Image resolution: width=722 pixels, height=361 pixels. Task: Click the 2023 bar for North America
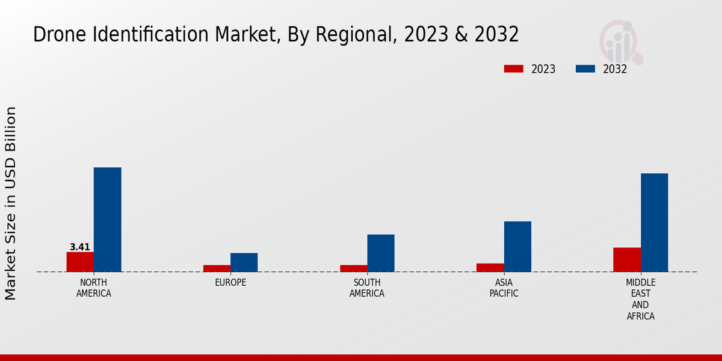click(x=80, y=262)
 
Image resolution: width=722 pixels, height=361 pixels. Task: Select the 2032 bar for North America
click(x=107, y=220)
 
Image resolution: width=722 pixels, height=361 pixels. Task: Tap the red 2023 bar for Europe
click(x=217, y=268)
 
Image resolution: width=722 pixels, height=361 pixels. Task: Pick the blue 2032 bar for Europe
click(x=244, y=262)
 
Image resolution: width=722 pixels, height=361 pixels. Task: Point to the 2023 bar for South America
click(x=353, y=268)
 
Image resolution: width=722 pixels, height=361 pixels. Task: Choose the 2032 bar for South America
click(x=381, y=253)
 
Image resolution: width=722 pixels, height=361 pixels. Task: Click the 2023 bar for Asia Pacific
click(x=490, y=268)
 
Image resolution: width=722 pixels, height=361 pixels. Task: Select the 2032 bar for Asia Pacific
click(x=517, y=247)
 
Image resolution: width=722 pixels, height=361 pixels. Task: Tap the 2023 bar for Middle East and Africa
click(x=627, y=260)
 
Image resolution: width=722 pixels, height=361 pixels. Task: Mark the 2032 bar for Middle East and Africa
click(x=654, y=223)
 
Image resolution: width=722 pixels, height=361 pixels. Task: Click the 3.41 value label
click(x=80, y=247)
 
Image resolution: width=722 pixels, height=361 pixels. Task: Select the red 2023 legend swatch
click(x=514, y=69)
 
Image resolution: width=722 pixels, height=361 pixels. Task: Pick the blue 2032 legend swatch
click(x=585, y=69)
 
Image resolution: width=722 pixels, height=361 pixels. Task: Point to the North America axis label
click(x=94, y=288)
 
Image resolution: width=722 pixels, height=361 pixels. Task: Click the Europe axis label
click(x=230, y=283)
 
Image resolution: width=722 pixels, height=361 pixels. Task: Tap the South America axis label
click(x=367, y=288)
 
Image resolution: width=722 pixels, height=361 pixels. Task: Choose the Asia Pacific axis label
click(x=504, y=288)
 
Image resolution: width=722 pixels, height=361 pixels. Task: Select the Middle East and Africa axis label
click(x=641, y=299)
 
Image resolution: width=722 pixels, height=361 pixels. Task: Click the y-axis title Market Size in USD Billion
click(x=11, y=203)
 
